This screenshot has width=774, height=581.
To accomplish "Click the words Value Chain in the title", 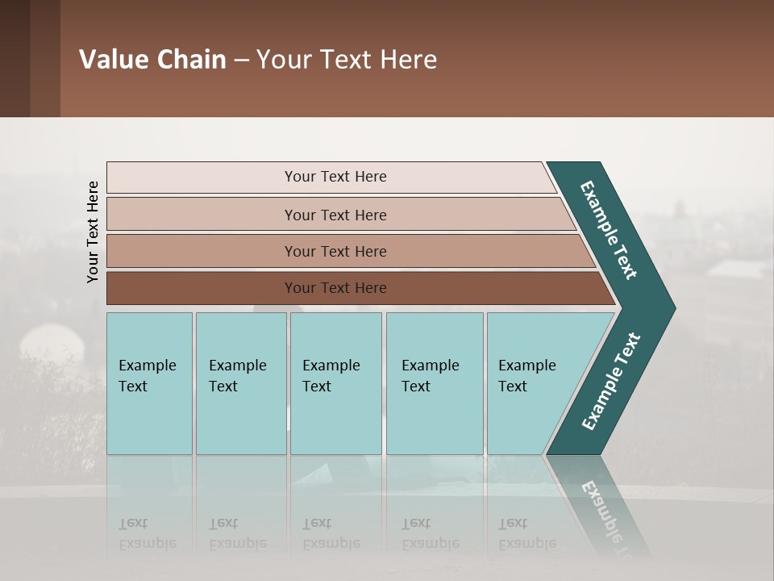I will (x=152, y=60).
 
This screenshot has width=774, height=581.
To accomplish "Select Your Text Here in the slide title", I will (x=347, y=60).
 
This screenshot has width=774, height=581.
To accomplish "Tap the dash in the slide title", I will (x=241, y=61).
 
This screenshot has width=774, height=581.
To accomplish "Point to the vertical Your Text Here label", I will (x=93, y=232).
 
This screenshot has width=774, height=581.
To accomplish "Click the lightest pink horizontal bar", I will (x=335, y=177).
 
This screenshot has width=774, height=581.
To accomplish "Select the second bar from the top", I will (x=335, y=215).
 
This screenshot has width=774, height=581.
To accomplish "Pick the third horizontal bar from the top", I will (x=335, y=251).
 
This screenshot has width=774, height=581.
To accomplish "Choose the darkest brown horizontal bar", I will (x=335, y=288).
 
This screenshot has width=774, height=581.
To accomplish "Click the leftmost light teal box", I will (x=149, y=383).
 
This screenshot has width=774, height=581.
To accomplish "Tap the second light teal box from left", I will (x=240, y=383).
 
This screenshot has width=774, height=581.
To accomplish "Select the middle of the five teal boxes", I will (x=335, y=383).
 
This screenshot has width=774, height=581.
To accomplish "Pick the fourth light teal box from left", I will (x=434, y=383).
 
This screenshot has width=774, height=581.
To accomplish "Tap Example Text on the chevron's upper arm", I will (x=610, y=231).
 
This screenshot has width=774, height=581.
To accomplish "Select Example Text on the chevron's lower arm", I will (x=611, y=381).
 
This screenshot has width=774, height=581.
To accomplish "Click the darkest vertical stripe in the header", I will (x=15, y=58).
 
